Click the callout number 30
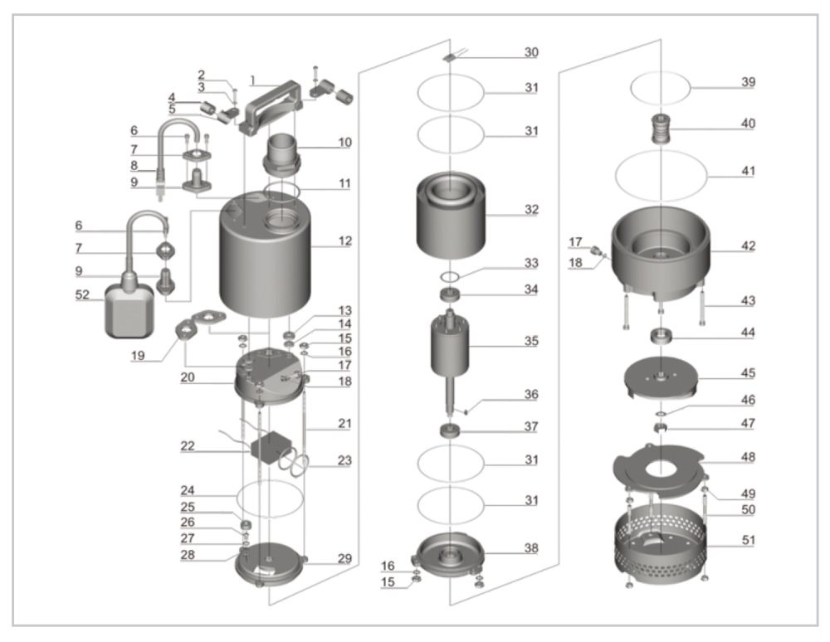pyautogui.click(x=530, y=52)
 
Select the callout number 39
pyautogui.click(x=749, y=83)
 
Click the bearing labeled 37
pyautogui.click(x=449, y=431)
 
